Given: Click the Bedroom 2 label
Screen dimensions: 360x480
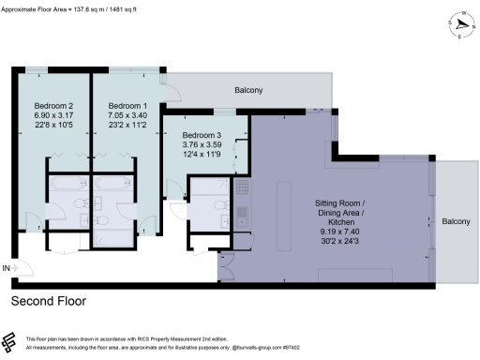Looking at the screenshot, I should [53, 105].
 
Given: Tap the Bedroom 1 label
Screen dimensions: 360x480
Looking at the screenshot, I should [127, 105].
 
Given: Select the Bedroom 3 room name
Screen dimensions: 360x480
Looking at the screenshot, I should [201, 136].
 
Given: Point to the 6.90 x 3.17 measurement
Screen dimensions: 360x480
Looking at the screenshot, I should [53, 117].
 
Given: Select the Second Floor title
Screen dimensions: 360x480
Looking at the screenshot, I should [48, 302].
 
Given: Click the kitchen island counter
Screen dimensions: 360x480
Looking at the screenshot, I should [280, 202].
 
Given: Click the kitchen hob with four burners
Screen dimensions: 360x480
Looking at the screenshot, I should [241, 188].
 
